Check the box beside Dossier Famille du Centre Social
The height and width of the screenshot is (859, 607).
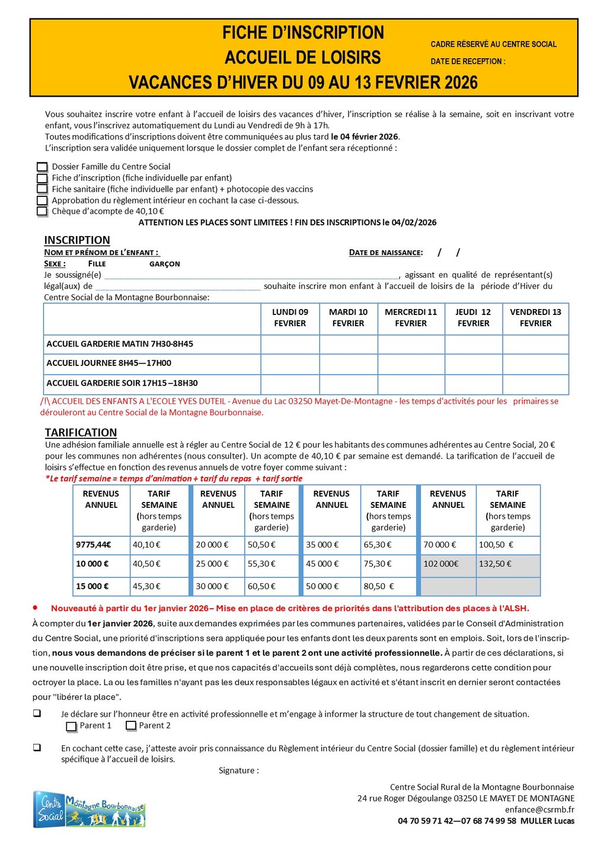point(42,167)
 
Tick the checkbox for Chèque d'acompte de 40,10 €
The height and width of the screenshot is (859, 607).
point(42,211)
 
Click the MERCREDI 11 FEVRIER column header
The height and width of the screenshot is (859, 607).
point(411,318)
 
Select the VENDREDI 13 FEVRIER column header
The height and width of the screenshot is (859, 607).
point(535,318)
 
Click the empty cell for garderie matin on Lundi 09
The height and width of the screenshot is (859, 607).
point(290,344)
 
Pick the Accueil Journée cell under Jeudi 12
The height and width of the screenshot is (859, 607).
point(474,364)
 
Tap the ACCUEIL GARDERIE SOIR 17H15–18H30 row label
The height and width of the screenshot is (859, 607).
point(122,383)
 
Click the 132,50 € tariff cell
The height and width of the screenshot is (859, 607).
point(508,564)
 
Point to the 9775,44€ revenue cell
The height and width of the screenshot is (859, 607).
point(94,545)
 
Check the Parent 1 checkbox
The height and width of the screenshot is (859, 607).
point(71,726)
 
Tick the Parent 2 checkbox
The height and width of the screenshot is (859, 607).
point(131,726)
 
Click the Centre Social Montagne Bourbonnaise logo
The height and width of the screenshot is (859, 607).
point(90,809)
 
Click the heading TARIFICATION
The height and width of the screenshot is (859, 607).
point(81,432)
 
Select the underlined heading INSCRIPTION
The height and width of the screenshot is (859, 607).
point(77,240)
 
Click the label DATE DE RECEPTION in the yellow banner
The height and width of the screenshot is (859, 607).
point(468,61)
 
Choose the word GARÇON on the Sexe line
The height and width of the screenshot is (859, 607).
point(164,264)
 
